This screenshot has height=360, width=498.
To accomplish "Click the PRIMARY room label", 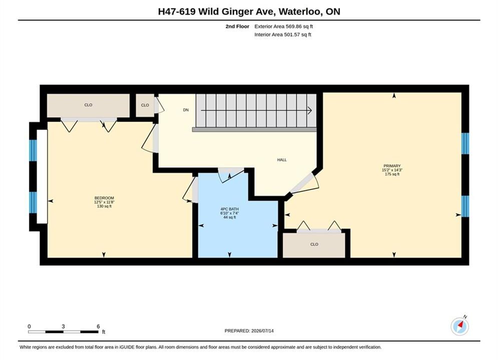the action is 392,166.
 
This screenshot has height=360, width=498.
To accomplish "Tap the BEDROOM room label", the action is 104,198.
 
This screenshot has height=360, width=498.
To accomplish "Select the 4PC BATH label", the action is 230,209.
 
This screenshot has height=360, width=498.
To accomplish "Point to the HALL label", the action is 282,160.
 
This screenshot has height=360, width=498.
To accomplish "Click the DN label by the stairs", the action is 186,110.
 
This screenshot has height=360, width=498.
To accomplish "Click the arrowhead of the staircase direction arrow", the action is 310,110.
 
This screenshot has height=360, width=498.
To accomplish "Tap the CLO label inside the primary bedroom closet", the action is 314,244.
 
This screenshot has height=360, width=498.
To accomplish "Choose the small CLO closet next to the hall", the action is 145,105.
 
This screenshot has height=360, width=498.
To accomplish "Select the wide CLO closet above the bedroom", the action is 88,105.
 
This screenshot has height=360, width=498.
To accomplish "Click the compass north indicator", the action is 459,325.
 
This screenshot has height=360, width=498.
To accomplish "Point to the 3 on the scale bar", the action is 63,326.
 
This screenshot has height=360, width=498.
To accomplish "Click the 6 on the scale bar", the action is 98,326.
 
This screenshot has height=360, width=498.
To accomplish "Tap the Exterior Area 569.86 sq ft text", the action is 284,26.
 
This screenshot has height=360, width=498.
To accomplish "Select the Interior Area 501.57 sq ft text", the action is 283,34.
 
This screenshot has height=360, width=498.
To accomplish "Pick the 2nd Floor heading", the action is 237,26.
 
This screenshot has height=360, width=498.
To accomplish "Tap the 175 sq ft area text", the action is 392,174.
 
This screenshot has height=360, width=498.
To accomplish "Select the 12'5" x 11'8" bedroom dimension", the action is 104,202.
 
